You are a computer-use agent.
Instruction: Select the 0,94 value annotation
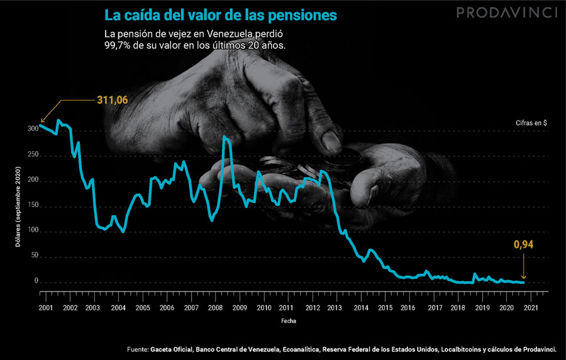point(523,245)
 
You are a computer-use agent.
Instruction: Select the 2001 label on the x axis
point(45,308)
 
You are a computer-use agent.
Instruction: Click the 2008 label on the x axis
point(214,308)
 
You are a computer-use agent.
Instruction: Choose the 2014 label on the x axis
point(360,308)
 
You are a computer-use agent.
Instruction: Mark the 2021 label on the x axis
point(530,308)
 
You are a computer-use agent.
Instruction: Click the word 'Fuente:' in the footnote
point(136,348)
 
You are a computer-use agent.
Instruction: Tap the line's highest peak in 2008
point(225,137)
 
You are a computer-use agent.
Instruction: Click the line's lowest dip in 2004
point(123,232)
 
